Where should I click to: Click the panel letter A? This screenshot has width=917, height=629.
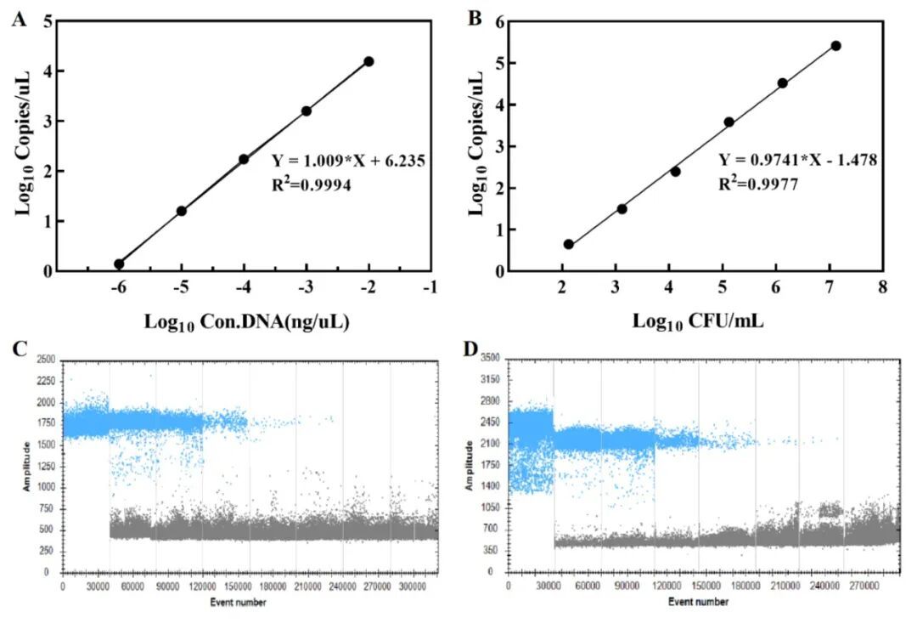point(17,19)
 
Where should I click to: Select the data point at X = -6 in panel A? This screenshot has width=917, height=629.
point(119,264)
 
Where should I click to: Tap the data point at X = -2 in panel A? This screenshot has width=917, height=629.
point(368,61)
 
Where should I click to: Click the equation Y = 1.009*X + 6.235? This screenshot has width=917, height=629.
point(348,159)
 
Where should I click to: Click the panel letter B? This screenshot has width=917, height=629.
point(476,19)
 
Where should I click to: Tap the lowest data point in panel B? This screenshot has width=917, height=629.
point(569,245)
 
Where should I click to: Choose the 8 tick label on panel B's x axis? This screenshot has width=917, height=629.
point(882,289)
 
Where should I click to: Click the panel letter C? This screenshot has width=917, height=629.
point(17,349)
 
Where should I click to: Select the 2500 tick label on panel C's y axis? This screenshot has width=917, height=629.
point(45,361)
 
